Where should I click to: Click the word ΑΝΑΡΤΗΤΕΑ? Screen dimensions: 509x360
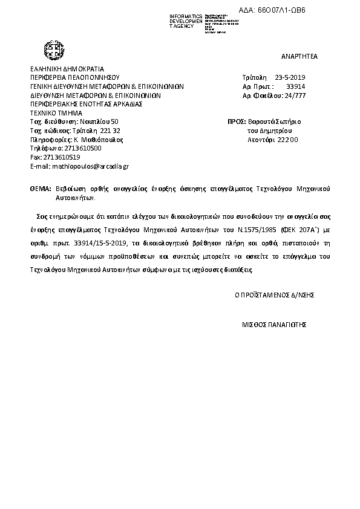(299, 56)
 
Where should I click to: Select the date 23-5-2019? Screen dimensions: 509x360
(291, 78)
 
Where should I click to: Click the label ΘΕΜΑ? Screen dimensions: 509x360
(40, 189)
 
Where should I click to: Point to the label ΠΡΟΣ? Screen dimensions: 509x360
(237, 122)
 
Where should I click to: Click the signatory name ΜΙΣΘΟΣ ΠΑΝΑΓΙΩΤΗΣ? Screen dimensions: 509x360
(275, 324)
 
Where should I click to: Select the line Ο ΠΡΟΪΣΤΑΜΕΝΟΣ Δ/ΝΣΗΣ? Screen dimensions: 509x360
(275, 295)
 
